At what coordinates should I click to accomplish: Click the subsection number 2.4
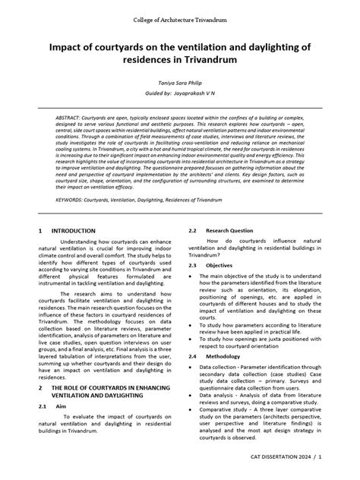pos(193,355)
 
